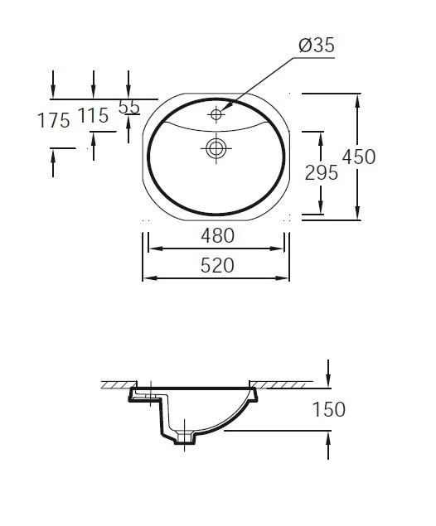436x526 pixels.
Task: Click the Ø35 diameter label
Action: coord(317,46)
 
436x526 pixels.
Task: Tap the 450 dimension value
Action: coord(358,157)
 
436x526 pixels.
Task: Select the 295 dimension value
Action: coord(322,173)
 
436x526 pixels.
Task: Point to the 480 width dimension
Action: coord(217,235)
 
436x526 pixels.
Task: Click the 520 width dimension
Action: coord(217,265)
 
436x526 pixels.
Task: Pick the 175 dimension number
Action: coord(54,120)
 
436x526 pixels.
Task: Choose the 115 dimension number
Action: coord(93,116)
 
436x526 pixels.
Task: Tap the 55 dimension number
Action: coord(129,108)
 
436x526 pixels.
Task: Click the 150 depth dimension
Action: coord(329,409)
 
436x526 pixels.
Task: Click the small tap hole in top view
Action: coord(216,115)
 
